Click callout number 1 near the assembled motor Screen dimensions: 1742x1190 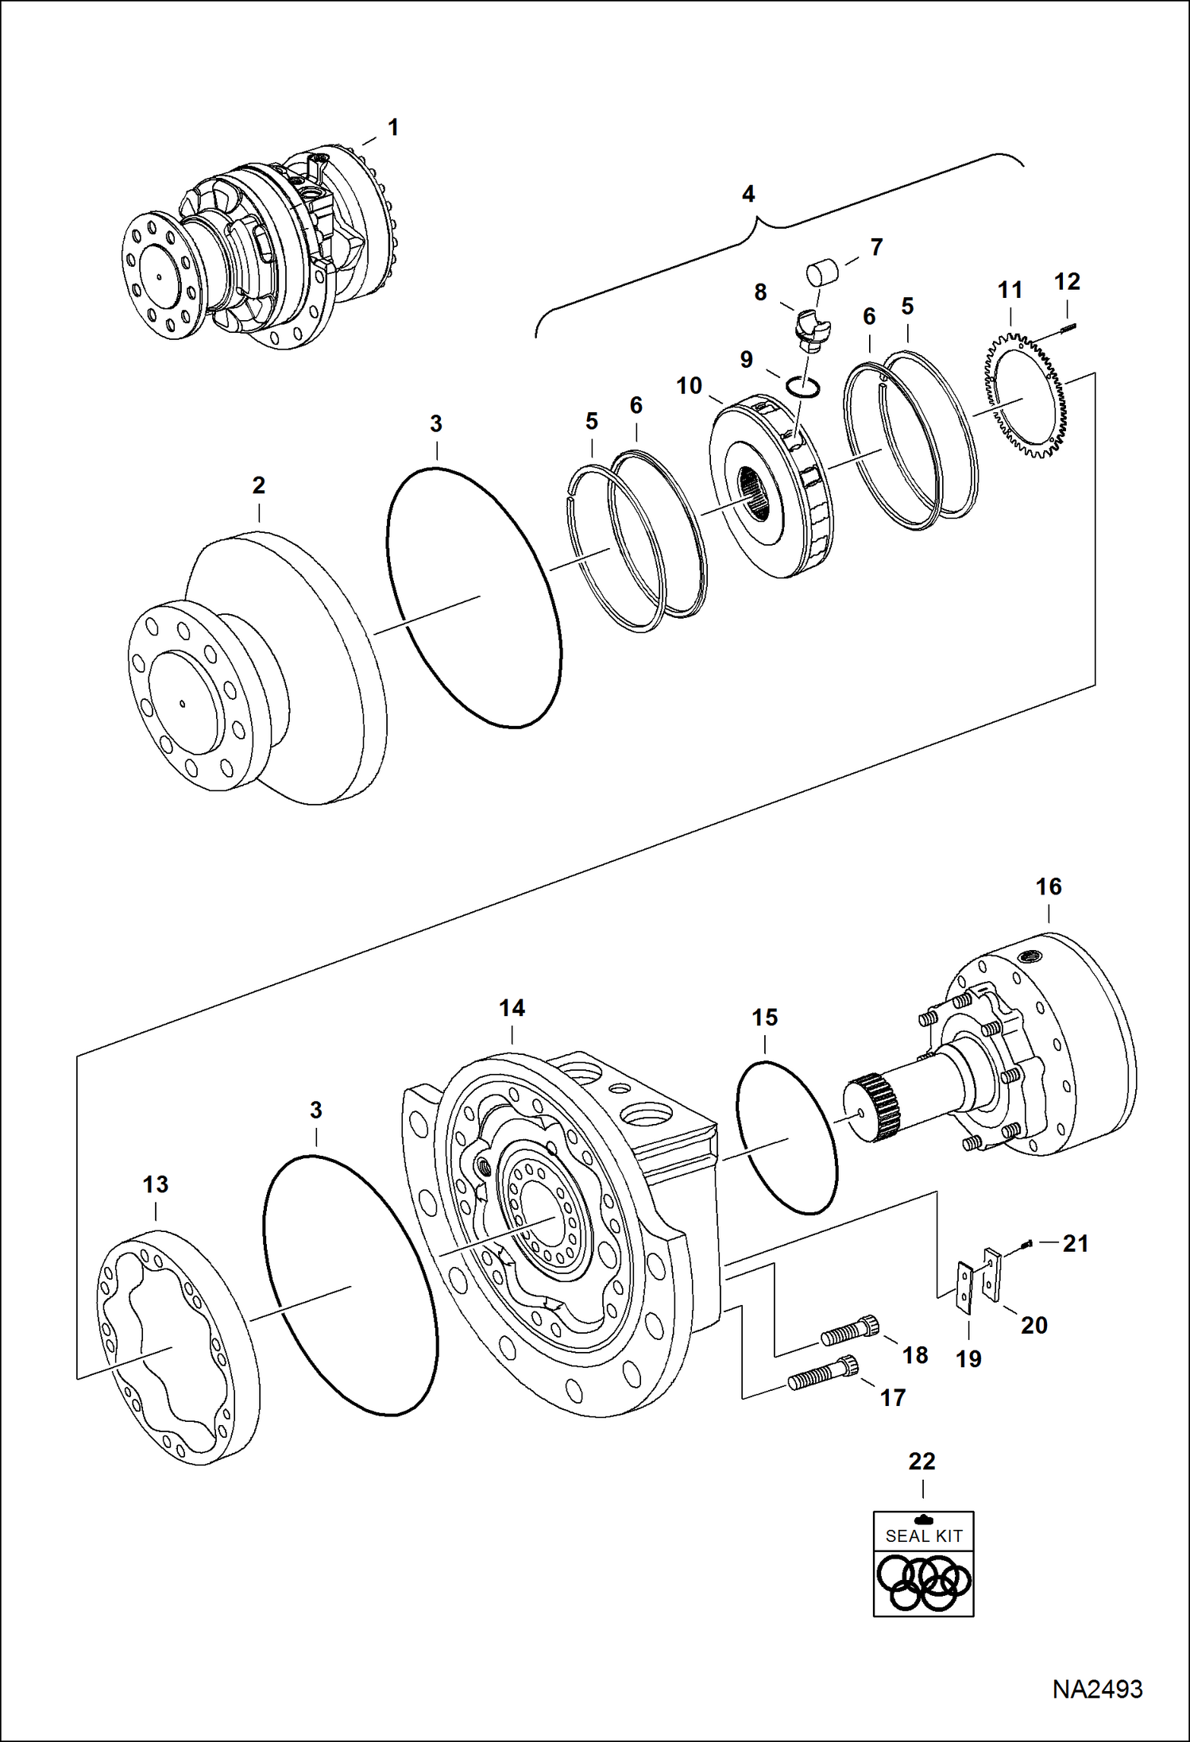click(392, 128)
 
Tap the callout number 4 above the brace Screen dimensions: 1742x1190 click(748, 195)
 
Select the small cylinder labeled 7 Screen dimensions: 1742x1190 click(821, 272)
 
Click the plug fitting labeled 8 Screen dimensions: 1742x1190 click(811, 328)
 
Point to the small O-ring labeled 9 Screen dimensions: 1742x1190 click(803, 385)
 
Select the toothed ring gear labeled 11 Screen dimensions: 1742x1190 click(1029, 397)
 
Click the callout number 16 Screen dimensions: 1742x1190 click(1049, 887)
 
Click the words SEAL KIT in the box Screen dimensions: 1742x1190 click(923, 1536)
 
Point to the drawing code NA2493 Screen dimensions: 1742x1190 click(1097, 1689)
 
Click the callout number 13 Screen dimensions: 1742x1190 click(156, 1185)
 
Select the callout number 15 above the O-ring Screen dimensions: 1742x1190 click(764, 1018)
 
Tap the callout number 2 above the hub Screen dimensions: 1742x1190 click(258, 485)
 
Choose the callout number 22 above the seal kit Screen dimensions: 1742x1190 click(921, 1461)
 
